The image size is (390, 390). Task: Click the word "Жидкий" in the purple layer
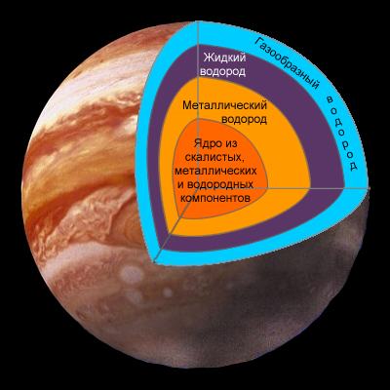224,58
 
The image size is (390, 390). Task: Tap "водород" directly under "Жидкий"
222,72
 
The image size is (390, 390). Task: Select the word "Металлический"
224,105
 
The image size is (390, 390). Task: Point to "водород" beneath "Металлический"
244,119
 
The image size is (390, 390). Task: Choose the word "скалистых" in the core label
215,158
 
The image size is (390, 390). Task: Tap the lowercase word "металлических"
215,171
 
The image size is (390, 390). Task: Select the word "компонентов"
215,198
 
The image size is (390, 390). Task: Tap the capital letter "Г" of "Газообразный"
258,41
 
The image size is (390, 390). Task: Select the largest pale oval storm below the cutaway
130,273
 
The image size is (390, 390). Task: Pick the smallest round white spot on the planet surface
168,292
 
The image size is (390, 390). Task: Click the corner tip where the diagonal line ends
153,262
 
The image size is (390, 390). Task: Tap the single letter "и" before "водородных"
181,185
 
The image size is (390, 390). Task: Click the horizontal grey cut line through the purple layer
328,188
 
